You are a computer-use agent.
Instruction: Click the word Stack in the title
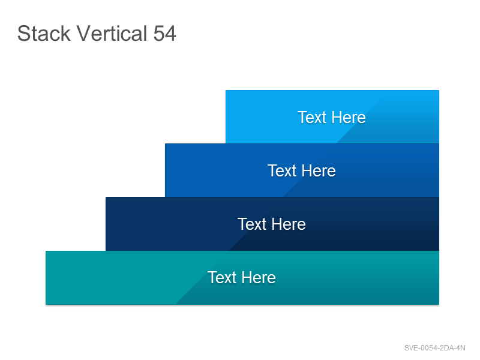coord(44,34)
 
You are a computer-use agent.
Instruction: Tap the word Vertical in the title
coord(112,34)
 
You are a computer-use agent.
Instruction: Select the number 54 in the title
coord(164,34)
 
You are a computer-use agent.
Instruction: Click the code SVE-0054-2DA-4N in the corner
coord(434,348)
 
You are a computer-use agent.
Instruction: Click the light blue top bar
coord(332,116)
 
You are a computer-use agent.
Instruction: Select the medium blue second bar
coord(302,170)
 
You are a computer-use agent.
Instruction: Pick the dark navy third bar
coord(272,224)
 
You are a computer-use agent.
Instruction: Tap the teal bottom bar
coord(242,278)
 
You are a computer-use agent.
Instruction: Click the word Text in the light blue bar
coord(312,117)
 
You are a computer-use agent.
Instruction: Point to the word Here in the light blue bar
coord(349,117)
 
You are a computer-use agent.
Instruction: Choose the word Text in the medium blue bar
coord(282,171)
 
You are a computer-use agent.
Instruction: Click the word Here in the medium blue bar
coord(319,171)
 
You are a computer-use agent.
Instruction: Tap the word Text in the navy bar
coord(252,224)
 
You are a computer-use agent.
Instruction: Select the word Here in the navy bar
coord(289,224)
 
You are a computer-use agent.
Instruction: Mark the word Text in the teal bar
coord(222,278)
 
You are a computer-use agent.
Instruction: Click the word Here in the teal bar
coord(259,278)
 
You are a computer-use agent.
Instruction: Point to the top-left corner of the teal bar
coord(46,251)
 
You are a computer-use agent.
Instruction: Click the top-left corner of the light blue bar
coord(226,90)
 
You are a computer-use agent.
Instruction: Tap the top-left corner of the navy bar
coord(106,197)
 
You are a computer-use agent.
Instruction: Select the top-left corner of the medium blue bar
coord(165,143)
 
